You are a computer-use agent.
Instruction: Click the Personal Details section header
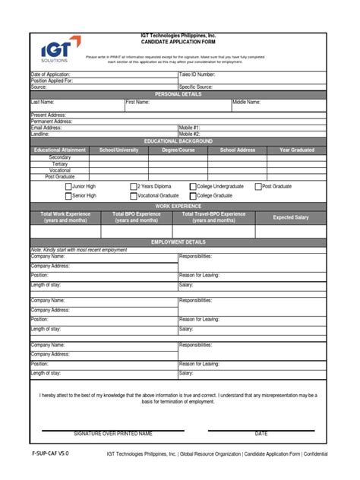pyautogui.click(x=178, y=94)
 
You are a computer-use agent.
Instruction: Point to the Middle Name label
pyautogui.click(x=246, y=101)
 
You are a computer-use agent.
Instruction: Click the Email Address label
pyautogui.click(x=46, y=128)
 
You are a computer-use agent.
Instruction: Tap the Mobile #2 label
pyautogui.click(x=189, y=134)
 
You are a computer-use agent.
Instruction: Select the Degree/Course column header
pyautogui.click(x=178, y=150)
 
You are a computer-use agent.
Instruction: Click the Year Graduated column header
pyautogui.click(x=296, y=150)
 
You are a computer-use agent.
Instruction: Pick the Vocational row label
pyautogui.click(x=60, y=170)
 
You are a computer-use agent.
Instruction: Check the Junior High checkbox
pyautogui.click(x=68, y=186)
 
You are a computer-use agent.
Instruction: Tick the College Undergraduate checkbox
pyautogui.click(x=192, y=186)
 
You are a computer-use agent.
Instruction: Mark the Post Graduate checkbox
pyautogui.click(x=257, y=186)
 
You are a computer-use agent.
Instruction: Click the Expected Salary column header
pyautogui.click(x=291, y=217)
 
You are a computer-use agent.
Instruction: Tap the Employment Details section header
pyautogui.click(x=178, y=242)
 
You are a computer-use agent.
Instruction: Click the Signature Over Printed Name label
pyautogui.click(x=112, y=434)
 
